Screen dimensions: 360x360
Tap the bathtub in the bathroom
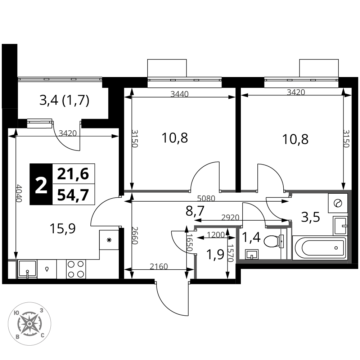tap(320, 248)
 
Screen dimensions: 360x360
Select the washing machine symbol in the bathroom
tap(338, 203)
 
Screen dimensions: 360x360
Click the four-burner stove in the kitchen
tap(76, 269)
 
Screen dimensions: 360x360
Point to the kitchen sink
tap(27, 269)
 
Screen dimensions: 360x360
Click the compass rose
tap(30, 324)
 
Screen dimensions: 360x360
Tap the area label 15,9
tap(63, 229)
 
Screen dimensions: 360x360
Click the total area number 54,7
tap(73, 195)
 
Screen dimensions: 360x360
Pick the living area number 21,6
tap(73, 174)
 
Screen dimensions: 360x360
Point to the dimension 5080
tap(206, 198)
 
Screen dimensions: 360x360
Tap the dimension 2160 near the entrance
tap(159, 266)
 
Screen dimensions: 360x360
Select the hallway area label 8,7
tap(195, 211)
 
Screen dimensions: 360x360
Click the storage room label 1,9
tap(215, 255)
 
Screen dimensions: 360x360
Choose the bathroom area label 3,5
tap(310, 217)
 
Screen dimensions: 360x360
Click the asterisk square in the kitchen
tap(109, 240)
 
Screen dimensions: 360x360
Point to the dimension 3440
tap(180, 94)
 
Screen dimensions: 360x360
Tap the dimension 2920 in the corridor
tap(230, 217)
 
